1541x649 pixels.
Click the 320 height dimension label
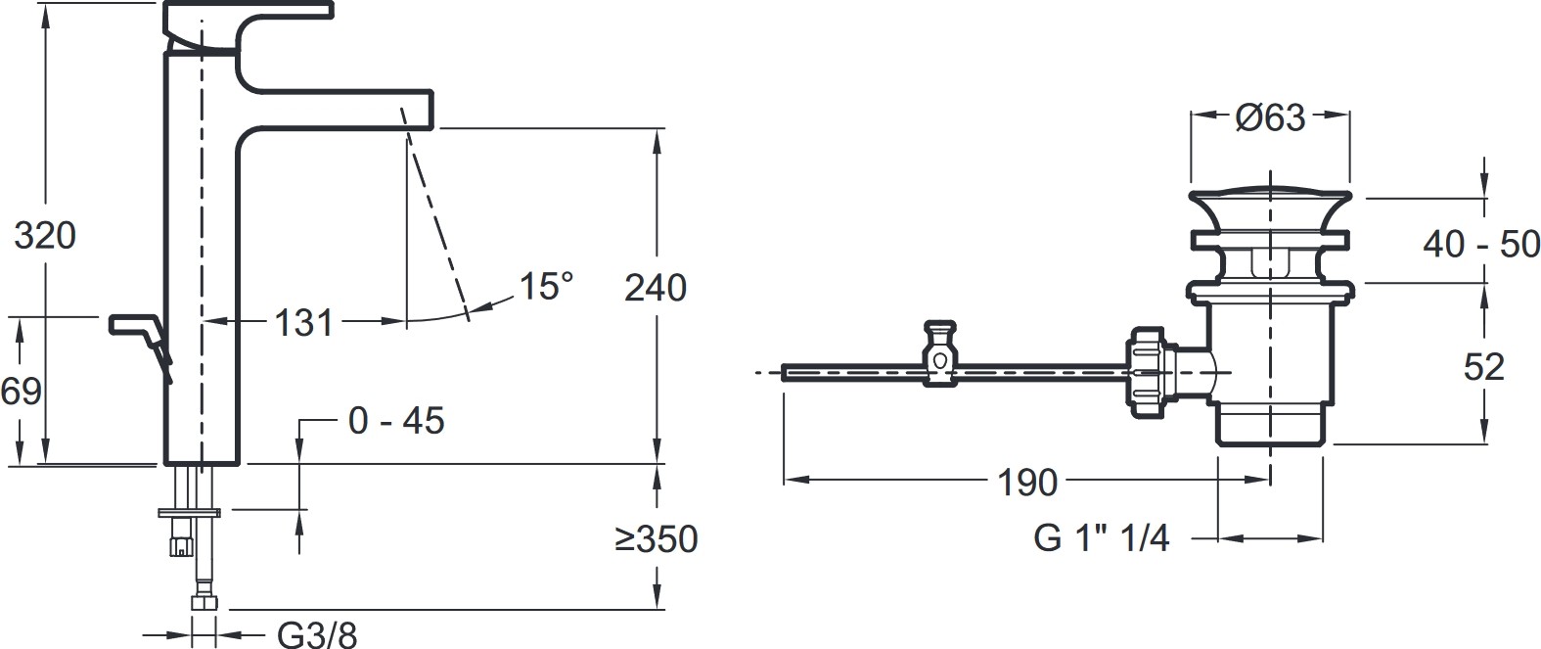[x=45, y=235]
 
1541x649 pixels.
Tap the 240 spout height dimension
[x=655, y=287]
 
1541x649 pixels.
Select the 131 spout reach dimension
[x=303, y=322]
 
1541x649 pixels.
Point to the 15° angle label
[x=546, y=286]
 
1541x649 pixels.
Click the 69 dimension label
[x=22, y=392]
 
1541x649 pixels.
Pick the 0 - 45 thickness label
[x=396, y=420]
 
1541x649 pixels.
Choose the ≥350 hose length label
[x=657, y=538]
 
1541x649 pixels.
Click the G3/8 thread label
[x=317, y=634]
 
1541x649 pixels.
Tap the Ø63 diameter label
[x=1270, y=117]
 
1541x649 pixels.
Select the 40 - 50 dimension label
[x=1481, y=244]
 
